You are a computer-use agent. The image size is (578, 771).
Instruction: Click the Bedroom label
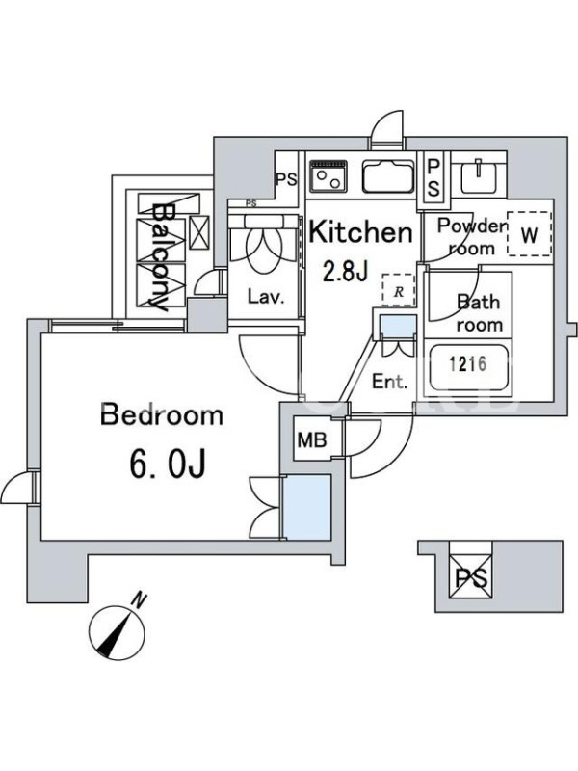coord(162,414)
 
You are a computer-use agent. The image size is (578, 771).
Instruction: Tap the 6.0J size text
coord(167,464)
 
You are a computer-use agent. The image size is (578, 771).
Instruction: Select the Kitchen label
coord(360,232)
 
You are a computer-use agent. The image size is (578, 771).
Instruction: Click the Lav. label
coord(266,297)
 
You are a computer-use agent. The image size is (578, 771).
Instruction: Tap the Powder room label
coord(472,236)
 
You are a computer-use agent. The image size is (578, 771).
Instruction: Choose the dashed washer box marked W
coord(529,233)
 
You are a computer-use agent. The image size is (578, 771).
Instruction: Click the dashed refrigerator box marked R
coord(399,291)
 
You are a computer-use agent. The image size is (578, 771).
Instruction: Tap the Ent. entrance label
coord(389,382)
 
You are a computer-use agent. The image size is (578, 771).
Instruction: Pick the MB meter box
coord(312,439)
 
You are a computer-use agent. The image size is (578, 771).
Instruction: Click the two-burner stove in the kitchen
coord(328,176)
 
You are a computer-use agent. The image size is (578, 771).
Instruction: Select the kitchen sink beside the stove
coord(388,176)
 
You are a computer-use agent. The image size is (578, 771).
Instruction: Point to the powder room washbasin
coord(478,177)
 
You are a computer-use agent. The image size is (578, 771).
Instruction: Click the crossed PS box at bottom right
coord(471,576)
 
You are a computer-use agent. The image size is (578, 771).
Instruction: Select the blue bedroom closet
coord(307,508)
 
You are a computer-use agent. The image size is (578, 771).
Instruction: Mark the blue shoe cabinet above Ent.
coord(398,328)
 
